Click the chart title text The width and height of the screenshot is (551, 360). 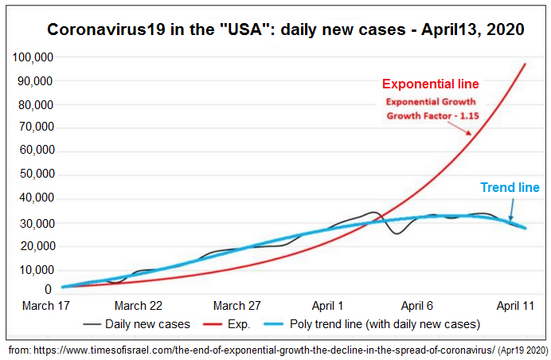285,29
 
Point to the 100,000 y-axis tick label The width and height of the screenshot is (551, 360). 32,58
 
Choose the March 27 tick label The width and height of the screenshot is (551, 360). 236,306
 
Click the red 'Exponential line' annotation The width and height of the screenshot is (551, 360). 430,84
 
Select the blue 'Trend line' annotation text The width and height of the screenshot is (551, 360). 510,188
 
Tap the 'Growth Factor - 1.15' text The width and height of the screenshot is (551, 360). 430,115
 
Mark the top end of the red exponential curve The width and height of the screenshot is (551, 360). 526,64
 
